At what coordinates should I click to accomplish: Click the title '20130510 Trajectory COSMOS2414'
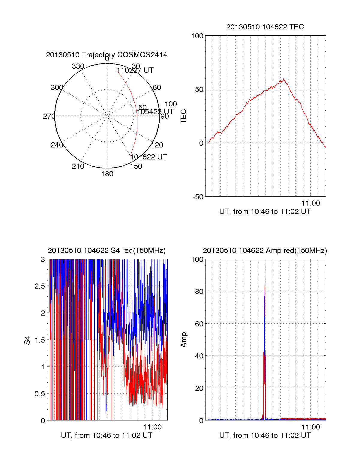(x=106, y=55)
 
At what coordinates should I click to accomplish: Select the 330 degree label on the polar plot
(x=78, y=66)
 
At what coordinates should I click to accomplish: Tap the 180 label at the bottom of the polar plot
(x=107, y=174)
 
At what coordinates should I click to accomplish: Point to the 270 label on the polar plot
(x=49, y=116)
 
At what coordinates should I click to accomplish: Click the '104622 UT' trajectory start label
(x=148, y=157)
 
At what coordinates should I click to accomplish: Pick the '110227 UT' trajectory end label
(x=135, y=70)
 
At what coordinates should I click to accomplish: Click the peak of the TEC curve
(x=283, y=79)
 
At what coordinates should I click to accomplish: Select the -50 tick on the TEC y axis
(x=198, y=197)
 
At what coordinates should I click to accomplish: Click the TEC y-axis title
(x=183, y=116)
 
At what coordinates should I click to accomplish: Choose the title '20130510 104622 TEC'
(x=265, y=27)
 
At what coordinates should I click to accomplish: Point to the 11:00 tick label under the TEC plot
(x=311, y=203)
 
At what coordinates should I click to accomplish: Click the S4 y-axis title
(x=27, y=340)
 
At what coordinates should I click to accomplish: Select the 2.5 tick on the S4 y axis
(x=40, y=286)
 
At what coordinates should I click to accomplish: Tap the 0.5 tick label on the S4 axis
(x=40, y=394)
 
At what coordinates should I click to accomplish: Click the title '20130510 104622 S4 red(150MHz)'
(x=106, y=251)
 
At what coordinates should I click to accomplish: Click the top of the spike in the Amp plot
(x=265, y=287)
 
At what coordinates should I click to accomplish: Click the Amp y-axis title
(x=183, y=340)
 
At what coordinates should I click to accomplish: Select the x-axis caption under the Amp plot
(x=265, y=435)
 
